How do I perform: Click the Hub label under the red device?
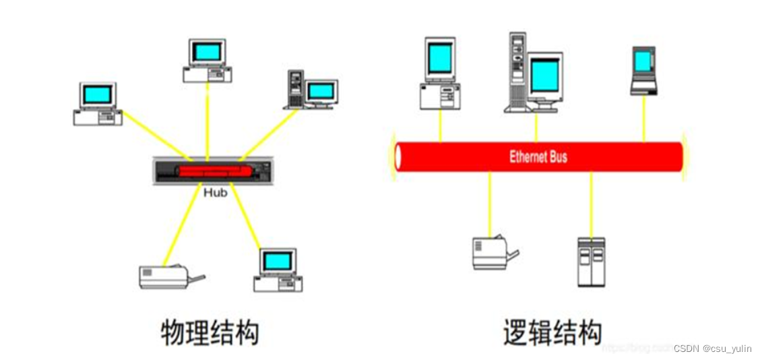click(215, 192)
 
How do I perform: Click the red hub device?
click(214, 171)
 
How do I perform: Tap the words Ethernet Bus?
click(538, 157)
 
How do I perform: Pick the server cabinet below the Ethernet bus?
click(591, 261)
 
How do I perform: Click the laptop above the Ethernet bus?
click(643, 71)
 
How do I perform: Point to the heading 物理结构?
click(210, 332)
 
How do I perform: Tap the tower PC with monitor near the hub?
click(311, 89)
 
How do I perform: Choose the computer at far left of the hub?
click(98, 103)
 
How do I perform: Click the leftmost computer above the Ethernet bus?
click(440, 73)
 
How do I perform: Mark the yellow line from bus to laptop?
click(643, 118)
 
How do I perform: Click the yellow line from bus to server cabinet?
click(591, 202)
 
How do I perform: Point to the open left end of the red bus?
click(398, 157)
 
